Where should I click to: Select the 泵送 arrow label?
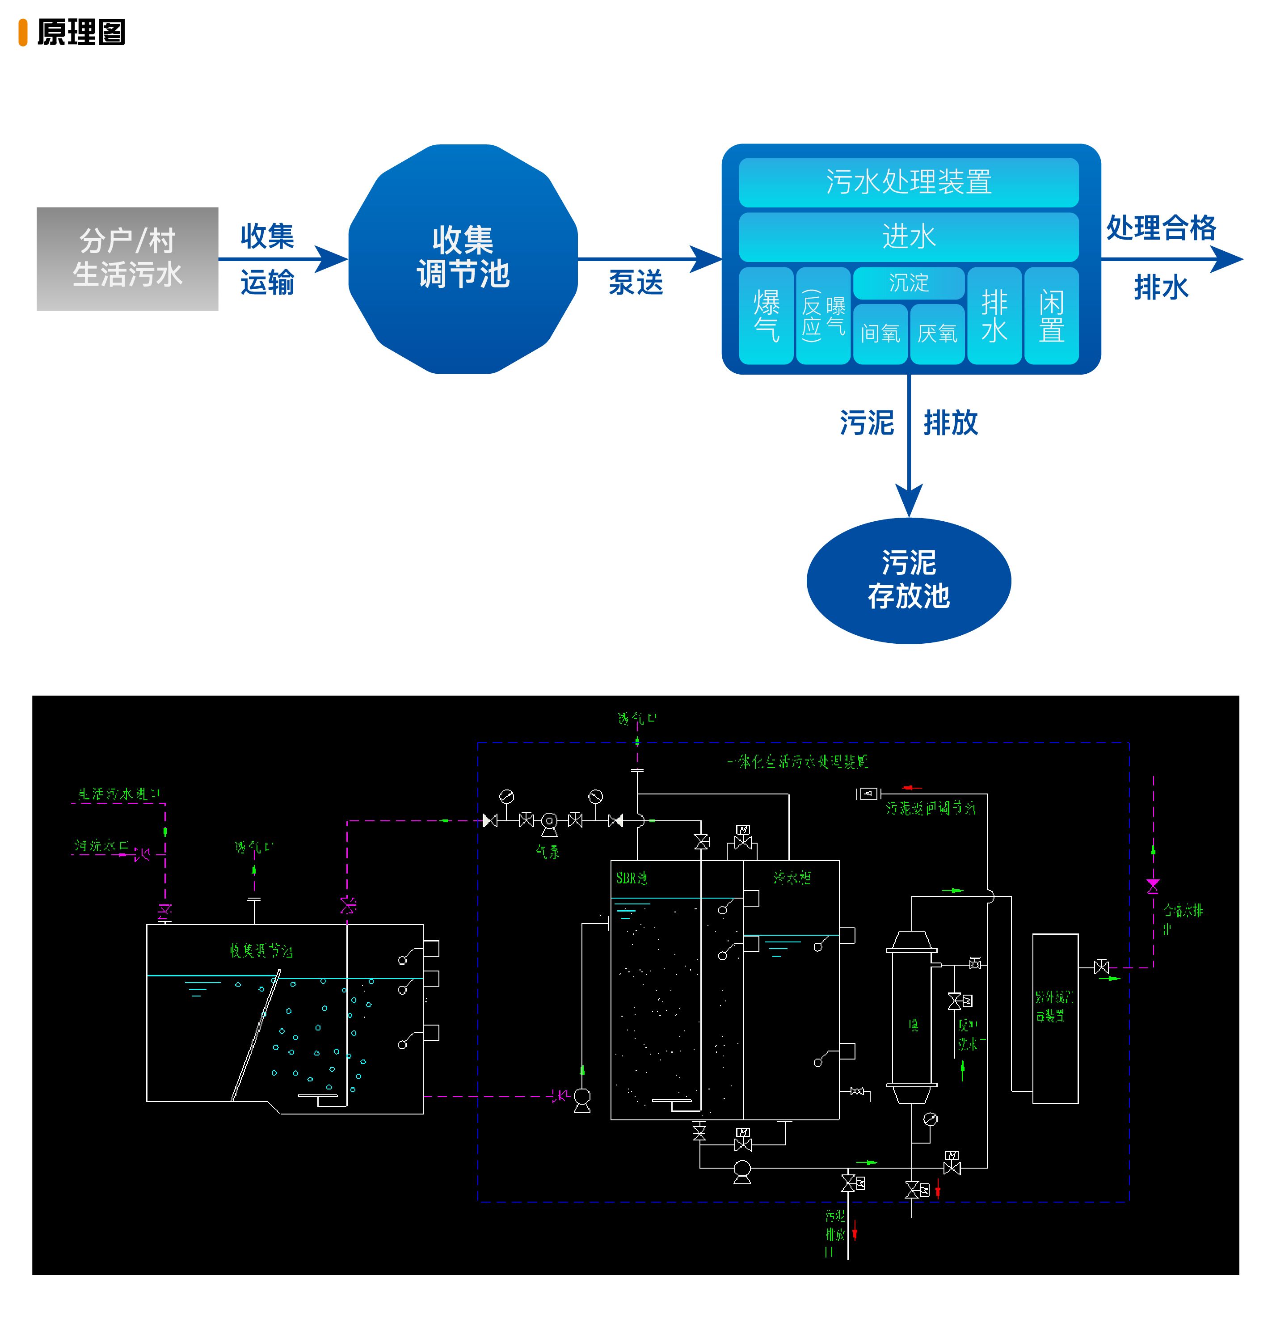pyautogui.click(x=635, y=282)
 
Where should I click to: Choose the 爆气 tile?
pyautogui.click(x=766, y=316)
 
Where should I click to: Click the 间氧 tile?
pyautogui.click(x=880, y=333)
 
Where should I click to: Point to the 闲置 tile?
pyautogui.click(x=1050, y=316)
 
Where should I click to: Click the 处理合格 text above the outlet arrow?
pyautogui.click(x=1160, y=228)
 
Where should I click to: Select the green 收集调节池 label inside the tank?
pyautogui.click(x=261, y=951)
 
